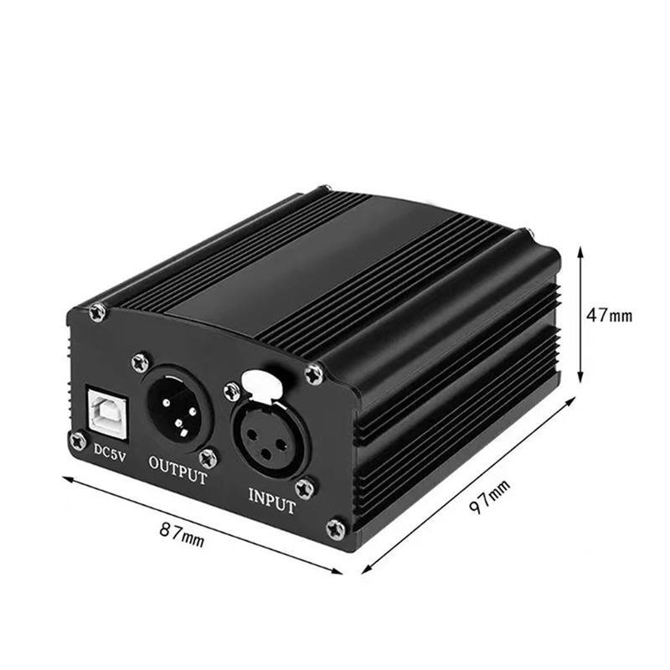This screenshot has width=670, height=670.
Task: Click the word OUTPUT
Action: [x=177, y=468]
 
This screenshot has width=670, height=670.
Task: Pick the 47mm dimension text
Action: [x=609, y=316]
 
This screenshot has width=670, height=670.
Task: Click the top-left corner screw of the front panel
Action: [x=98, y=312]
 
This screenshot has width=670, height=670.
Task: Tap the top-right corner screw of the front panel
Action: [x=314, y=374]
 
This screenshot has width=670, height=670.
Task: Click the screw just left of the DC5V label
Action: [x=79, y=441]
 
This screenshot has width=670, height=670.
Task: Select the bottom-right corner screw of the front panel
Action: [x=336, y=528]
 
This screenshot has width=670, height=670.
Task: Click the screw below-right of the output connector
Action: [x=209, y=457]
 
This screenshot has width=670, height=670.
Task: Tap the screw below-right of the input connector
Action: [x=305, y=487]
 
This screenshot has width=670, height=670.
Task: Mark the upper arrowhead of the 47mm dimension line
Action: [x=581, y=250]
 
